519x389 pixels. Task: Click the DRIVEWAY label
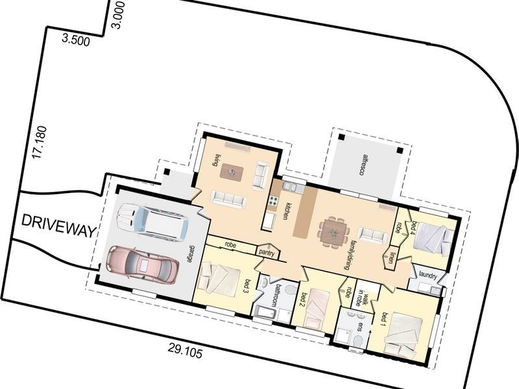[x=59, y=220]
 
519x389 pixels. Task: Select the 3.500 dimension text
[x=77, y=40]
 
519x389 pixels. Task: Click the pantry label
[x=266, y=252]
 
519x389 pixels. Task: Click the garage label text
[x=191, y=253]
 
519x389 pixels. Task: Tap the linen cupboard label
[x=392, y=257]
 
